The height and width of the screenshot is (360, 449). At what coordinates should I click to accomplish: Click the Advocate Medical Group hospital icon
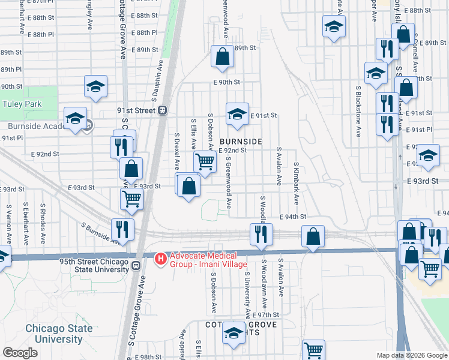coord(161,259)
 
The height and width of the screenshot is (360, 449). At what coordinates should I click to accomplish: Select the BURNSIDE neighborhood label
coord(242,141)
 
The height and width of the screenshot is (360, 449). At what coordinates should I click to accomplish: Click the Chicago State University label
coord(59,334)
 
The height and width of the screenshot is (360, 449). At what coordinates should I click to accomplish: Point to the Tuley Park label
coord(22,104)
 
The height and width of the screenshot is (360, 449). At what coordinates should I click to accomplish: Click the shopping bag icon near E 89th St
coord(222,57)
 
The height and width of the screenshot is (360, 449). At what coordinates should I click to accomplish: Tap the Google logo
coord(20,353)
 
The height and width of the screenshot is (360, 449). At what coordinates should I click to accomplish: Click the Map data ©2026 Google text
coord(412,355)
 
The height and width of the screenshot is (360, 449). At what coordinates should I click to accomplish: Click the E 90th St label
coord(226,82)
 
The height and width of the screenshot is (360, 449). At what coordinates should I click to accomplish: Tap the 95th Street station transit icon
coord(136,266)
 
